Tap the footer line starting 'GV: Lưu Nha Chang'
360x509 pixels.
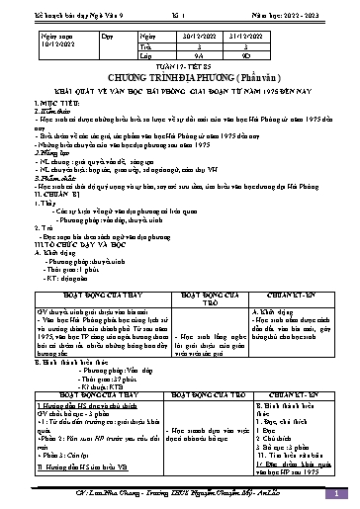pos(178,493)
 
